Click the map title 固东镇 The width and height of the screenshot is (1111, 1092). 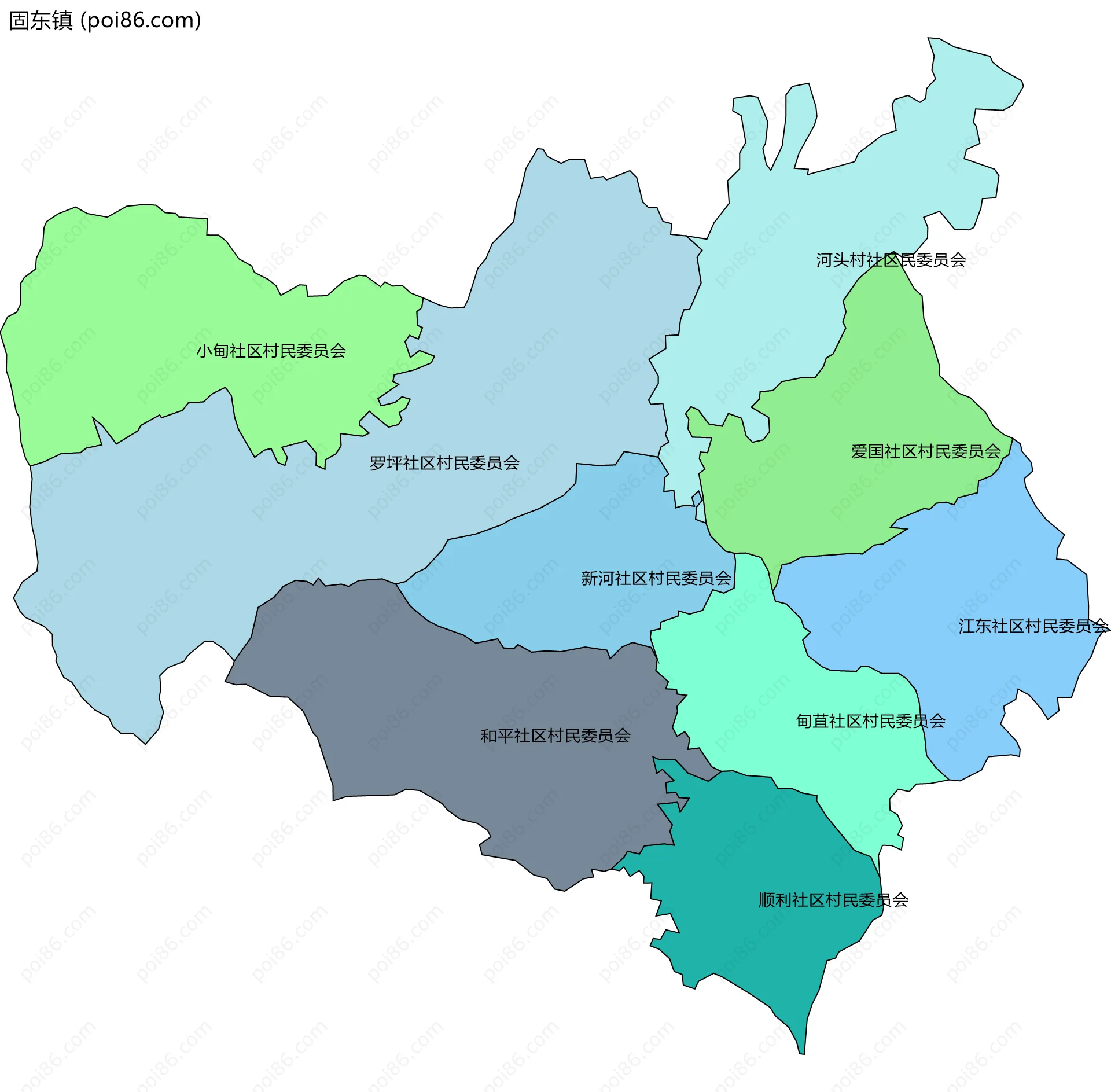[x=41, y=21]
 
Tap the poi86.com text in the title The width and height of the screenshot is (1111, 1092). [x=141, y=21]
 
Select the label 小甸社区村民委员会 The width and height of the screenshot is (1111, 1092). [x=271, y=351]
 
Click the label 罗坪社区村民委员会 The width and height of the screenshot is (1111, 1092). [x=444, y=463]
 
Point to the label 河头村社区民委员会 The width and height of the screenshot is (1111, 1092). [x=891, y=260]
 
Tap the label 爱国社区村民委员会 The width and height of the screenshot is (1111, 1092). [x=925, y=451]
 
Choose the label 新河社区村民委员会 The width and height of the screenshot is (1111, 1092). [x=656, y=578]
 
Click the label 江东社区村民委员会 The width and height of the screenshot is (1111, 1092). [x=1033, y=626]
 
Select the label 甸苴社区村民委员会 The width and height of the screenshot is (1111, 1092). [x=870, y=721]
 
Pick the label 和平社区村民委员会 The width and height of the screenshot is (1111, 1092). [x=555, y=736]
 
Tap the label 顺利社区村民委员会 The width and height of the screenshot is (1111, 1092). [x=833, y=900]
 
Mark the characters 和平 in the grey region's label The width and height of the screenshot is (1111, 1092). [x=497, y=736]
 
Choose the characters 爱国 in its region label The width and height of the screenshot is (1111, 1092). [x=867, y=451]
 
